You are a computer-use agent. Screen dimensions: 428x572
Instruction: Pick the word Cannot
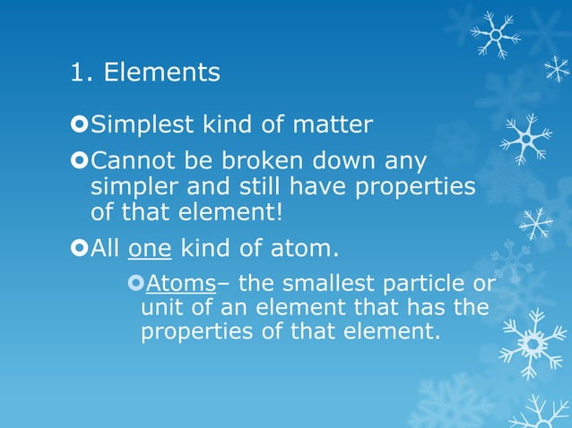[x=134, y=163]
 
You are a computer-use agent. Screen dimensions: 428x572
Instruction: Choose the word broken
[x=262, y=163]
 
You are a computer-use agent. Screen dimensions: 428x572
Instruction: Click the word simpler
[x=133, y=188]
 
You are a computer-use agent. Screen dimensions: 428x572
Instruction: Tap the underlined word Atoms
[x=180, y=285]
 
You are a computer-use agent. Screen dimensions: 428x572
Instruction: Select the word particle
[x=427, y=285]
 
